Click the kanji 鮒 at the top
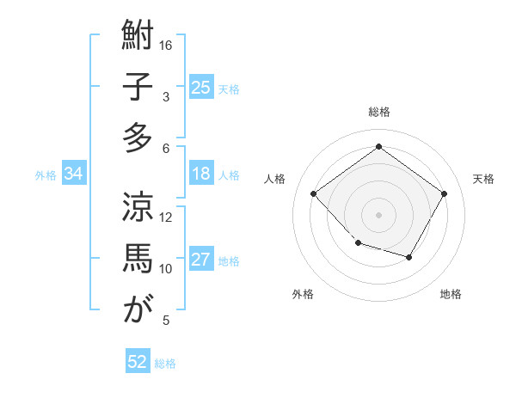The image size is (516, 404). click(138, 37)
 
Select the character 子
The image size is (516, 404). click(138, 88)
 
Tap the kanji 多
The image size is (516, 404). click(138, 138)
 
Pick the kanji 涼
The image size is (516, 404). click(138, 207)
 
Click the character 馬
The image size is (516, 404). click(138, 258)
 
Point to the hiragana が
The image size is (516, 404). click(138, 309)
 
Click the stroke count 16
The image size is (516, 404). click(166, 45)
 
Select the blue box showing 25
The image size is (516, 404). click(201, 88)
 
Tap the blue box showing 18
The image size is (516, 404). click(201, 174)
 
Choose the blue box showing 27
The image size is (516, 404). click(201, 260)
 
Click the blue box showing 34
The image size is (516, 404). click(74, 174)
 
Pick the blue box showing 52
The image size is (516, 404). click(138, 362)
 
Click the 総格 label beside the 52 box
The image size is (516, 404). click(165, 364)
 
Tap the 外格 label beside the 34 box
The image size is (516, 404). click(46, 175)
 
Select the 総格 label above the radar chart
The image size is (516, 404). click(378, 112)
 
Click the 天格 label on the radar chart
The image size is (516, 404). click(483, 179)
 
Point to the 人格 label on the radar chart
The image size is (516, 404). click(275, 179)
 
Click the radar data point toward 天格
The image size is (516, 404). click(444, 193)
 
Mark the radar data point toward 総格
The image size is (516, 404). click(378, 147)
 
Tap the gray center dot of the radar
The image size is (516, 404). click(378, 214)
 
